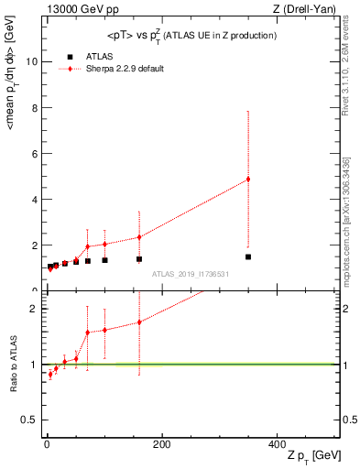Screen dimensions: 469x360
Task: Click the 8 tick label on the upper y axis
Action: point(33,108)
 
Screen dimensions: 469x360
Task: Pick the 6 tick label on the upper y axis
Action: point(33,154)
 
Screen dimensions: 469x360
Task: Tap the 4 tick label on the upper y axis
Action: point(33,200)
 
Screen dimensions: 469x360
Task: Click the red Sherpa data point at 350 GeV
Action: point(248,179)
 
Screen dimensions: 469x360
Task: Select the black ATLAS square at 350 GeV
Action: point(248,256)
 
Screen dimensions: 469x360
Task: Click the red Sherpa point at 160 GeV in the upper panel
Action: point(139,237)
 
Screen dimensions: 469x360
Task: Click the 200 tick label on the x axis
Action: point(161,443)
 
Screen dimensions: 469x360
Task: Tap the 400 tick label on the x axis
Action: point(276,443)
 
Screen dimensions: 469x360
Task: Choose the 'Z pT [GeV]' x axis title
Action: point(313,456)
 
